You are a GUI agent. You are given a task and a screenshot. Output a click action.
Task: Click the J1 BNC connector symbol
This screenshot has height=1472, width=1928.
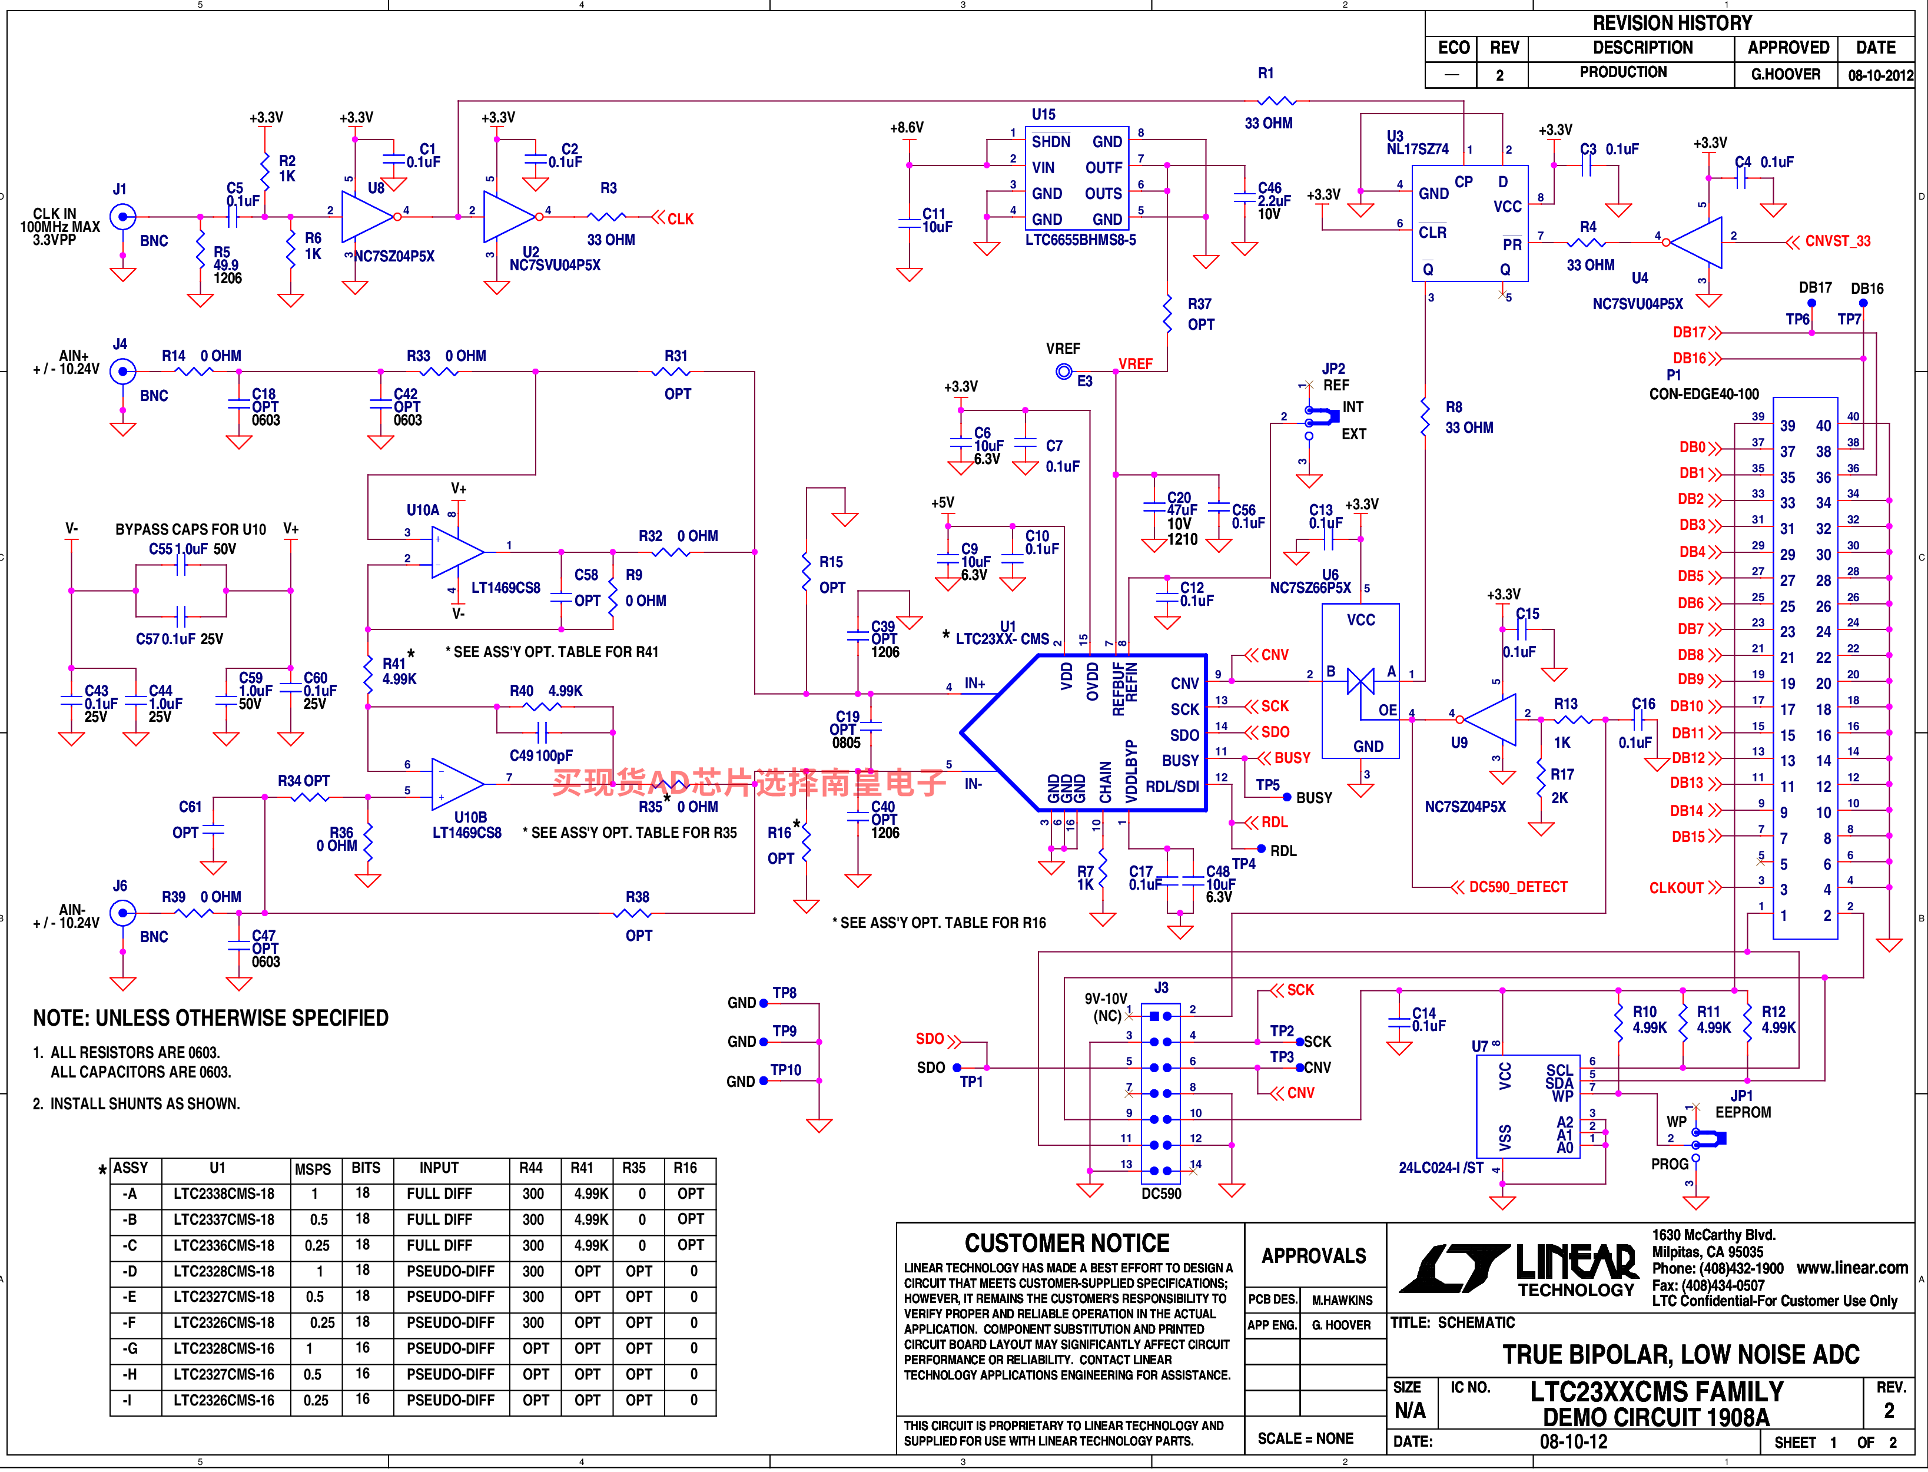[122, 217]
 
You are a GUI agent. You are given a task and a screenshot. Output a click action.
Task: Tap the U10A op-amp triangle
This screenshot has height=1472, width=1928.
[457, 552]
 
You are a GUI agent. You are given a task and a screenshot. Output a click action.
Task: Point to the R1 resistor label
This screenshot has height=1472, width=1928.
[1266, 74]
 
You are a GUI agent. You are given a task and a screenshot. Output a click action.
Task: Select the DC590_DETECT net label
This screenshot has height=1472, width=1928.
[1518, 887]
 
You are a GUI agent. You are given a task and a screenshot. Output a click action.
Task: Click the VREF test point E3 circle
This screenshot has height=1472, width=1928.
[1063, 372]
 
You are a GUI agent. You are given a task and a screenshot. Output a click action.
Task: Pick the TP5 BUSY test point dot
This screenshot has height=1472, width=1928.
[1287, 797]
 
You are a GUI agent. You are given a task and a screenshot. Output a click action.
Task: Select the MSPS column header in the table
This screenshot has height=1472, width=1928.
[313, 1169]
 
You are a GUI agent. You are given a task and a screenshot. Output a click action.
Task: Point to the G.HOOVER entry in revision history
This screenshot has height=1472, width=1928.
[1785, 74]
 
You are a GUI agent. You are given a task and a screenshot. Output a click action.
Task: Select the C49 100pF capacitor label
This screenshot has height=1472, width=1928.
[540, 755]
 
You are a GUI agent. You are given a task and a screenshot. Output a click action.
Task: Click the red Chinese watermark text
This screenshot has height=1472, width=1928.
[749, 781]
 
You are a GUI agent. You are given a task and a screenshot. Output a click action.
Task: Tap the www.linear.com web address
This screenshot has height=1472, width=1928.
[1852, 1268]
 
